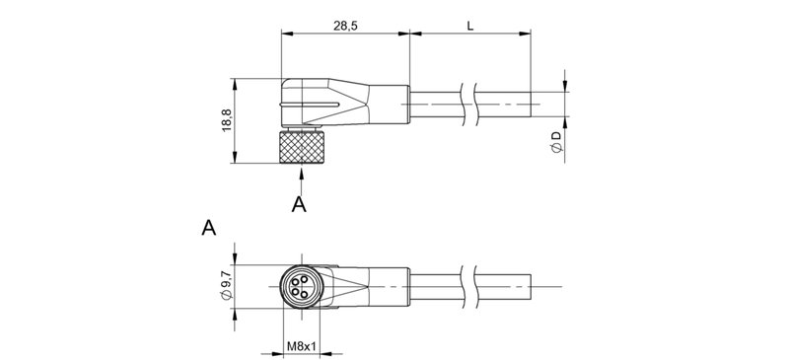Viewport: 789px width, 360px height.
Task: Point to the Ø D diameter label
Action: point(556,140)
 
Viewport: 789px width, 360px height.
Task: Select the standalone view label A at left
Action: point(208,229)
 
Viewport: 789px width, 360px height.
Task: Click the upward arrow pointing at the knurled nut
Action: point(300,178)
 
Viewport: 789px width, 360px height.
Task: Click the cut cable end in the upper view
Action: point(532,102)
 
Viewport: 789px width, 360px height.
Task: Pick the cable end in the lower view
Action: point(532,286)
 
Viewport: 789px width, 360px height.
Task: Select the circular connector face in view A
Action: point(300,286)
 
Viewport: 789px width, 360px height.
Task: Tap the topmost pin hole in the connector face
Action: point(300,277)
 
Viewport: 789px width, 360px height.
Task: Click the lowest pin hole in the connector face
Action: point(300,295)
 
